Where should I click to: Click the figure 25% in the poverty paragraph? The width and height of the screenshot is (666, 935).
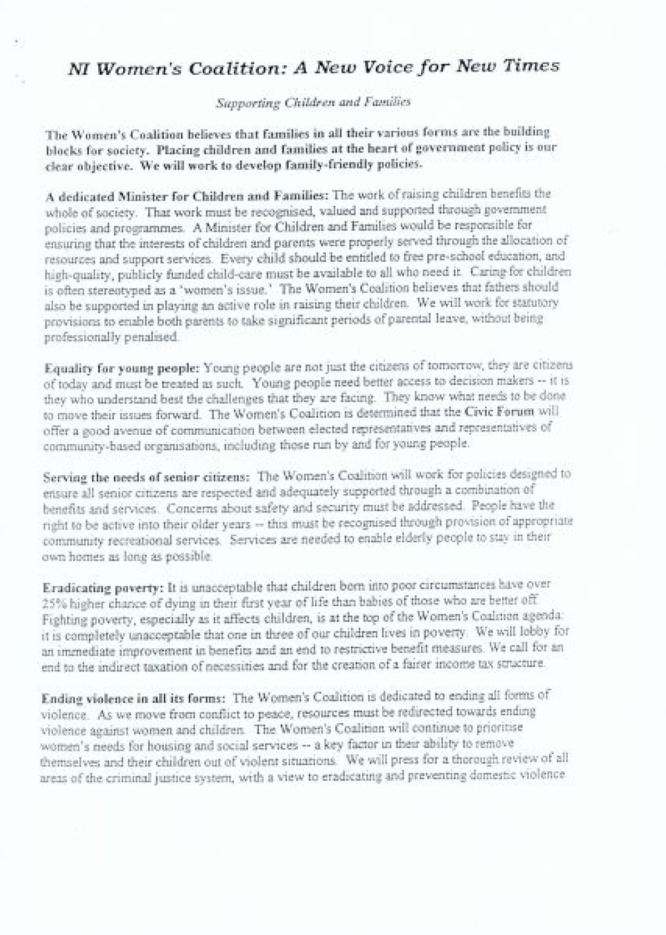point(56,601)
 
